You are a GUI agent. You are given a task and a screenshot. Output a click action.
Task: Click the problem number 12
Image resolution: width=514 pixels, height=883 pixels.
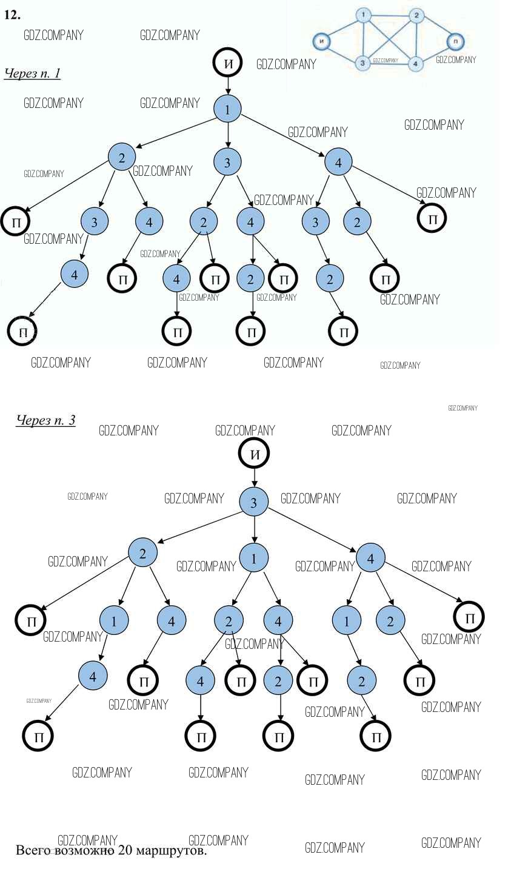(12, 15)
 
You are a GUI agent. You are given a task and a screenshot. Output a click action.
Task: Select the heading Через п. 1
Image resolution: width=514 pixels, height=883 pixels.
(32, 73)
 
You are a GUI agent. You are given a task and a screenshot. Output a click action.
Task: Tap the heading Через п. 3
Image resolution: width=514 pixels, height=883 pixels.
(45, 420)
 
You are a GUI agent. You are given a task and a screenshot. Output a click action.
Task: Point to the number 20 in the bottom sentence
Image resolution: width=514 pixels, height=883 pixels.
(125, 850)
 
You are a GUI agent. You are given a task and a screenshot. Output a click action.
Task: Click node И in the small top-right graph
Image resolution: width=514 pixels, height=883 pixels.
(322, 41)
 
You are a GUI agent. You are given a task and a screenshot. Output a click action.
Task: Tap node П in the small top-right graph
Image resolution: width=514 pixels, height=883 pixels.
(455, 41)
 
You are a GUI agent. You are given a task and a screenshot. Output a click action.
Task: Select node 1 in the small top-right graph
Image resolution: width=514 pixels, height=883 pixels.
(363, 15)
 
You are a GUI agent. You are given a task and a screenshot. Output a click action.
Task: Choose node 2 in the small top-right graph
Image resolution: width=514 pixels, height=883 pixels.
(416, 15)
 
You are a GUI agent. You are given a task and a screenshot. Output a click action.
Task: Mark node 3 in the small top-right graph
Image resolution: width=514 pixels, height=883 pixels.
(362, 62)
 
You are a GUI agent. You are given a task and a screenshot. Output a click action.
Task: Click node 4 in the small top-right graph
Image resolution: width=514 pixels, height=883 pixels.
(415, 62)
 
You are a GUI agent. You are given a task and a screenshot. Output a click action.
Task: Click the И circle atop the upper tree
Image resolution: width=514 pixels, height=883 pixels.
(227, 63)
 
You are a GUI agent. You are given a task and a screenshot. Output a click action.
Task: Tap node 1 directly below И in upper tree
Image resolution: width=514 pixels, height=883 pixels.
(227, 109)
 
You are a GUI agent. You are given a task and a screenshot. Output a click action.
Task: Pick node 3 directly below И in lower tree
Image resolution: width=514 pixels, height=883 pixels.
(253, 502)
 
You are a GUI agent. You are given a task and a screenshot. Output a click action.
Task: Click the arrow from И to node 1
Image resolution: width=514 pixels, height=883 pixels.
(227, 86)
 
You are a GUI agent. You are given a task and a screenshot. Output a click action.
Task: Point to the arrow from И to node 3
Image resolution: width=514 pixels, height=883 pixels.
(253, 478)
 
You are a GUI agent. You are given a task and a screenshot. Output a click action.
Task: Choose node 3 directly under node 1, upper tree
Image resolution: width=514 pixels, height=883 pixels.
(227, 163)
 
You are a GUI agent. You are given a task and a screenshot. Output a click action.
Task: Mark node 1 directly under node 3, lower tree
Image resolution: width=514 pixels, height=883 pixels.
(253, 558)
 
